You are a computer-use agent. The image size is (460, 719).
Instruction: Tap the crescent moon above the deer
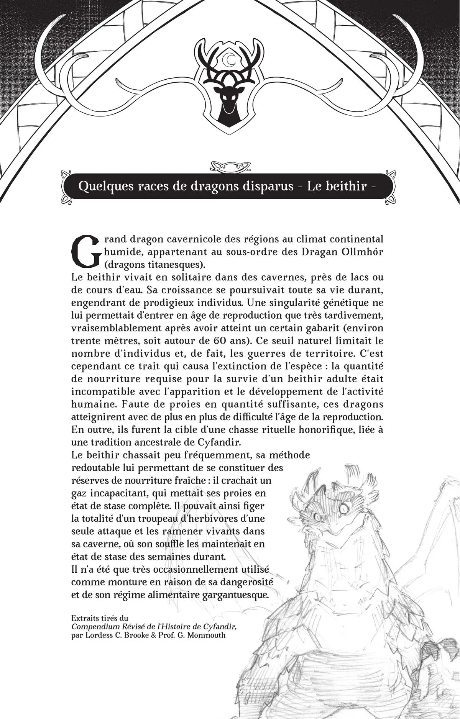tap(230, 59)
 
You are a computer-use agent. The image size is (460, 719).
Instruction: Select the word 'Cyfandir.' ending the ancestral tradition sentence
tap(222, 442)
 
